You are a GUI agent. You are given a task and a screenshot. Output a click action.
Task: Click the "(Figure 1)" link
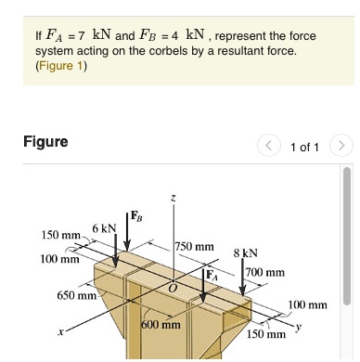pyautogui.click(x=60, y=66)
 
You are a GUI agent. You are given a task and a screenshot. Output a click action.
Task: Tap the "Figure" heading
pyautogui.click(x=45, y=142)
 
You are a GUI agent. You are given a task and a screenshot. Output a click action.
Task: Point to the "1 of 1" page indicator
pyautogui.click(x=305, y=148)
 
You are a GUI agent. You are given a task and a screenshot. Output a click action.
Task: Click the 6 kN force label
pyautogui.click(x=103, y=228)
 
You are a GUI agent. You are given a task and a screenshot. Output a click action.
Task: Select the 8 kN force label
pyautogui.click(x=245, y=252)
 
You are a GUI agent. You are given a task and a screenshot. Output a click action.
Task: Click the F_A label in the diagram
pyautogui.click(x=212, y=275)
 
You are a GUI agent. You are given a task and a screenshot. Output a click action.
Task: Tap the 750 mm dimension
pyautogui.click(x=194, y=247)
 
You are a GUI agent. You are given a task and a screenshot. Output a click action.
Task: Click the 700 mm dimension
pyautogui.click(x=266, y=272)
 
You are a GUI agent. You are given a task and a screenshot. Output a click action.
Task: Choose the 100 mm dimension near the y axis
pyautogui.click(x=308, y=304)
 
